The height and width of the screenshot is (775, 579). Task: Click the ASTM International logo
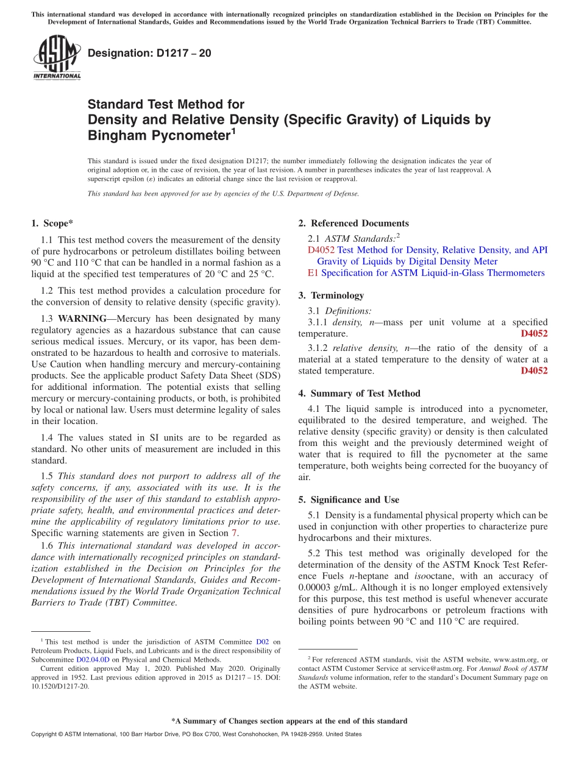(56, 58)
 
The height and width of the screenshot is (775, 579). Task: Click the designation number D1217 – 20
(149, 53)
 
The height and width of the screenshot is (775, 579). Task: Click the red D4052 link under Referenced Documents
(321, 250)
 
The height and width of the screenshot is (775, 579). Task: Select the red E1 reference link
(313, 273)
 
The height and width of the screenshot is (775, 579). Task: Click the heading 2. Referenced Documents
(353, 224)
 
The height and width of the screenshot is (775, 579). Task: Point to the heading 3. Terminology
(331, 295)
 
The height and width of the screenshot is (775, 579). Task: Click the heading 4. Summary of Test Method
(359, 394)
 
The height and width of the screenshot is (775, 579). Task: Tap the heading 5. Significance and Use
(349, 500)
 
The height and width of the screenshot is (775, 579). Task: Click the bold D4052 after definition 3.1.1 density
(534, 334)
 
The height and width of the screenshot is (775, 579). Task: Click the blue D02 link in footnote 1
(262, 642)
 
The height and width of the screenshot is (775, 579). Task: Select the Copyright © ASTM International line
(196, 734)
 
